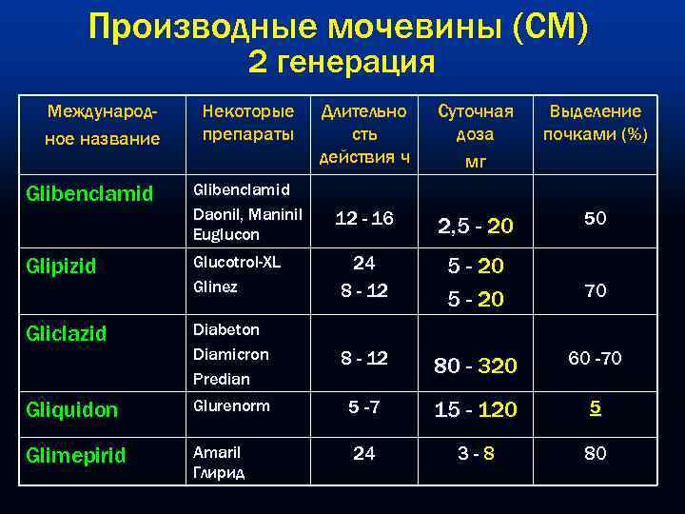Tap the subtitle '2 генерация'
coord(342,64)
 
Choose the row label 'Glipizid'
coord(62,267)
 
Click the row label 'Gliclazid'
coord(67,334)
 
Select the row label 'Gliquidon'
coord(72,409)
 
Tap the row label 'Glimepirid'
coord(75,455)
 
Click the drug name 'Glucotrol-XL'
coord(237,262)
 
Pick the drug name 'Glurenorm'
coord(231,406)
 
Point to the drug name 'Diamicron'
coord(230,354)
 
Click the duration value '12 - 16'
coord(363,220)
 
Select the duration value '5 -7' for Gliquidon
coord(363,408)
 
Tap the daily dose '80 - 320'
coord(475,365)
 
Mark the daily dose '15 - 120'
coord(475,410)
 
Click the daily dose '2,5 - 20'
coord(475,226)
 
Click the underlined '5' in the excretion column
coord(595,408)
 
